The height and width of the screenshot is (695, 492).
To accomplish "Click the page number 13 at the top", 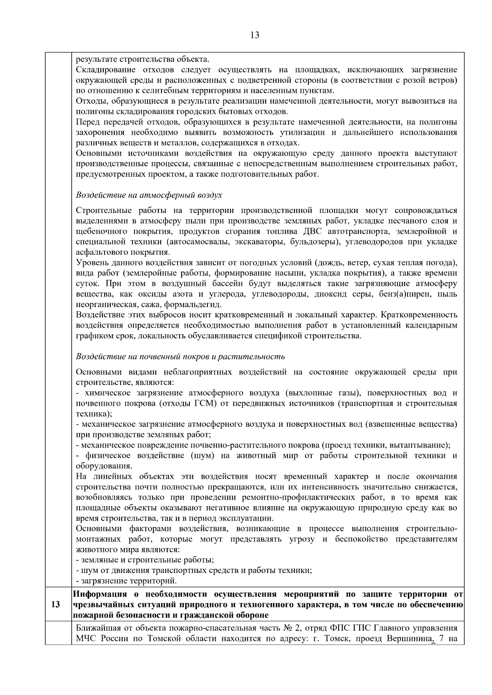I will point(254,35).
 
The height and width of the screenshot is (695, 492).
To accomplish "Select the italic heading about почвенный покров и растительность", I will point(180,356).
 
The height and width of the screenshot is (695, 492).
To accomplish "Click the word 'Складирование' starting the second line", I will point(101,70).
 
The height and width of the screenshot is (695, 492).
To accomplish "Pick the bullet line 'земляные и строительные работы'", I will point(146,559).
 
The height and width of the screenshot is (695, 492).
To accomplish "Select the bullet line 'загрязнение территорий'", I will point(127,581).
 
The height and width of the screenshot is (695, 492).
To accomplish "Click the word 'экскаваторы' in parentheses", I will point(260,242).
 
